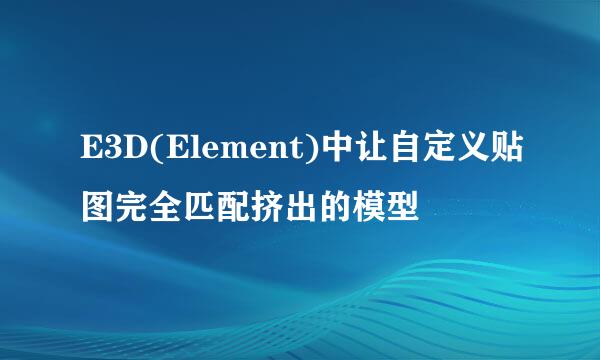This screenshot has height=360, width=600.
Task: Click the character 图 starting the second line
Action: (x=99, y=205)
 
